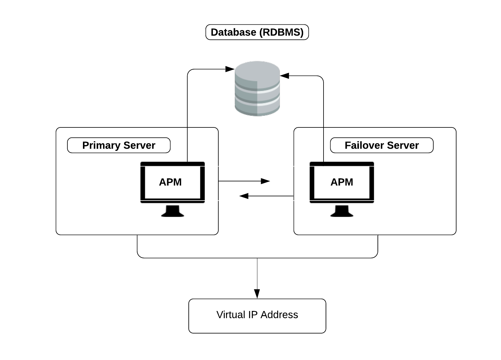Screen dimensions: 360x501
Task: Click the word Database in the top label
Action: click(x=233, y=32)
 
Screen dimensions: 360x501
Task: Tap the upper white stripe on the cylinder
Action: click(x=268, y=90)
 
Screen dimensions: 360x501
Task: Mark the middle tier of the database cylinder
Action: click(x=257, y=97)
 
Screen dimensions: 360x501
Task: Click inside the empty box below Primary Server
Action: click(x=170, y=184)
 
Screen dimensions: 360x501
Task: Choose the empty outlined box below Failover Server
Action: click(x=342, y=184)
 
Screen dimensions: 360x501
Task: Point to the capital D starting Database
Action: click(x=214, y=32)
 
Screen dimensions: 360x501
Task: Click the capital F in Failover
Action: click(x=347, y=145)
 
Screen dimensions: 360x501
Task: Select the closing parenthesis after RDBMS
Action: click(x=302, y=32)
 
